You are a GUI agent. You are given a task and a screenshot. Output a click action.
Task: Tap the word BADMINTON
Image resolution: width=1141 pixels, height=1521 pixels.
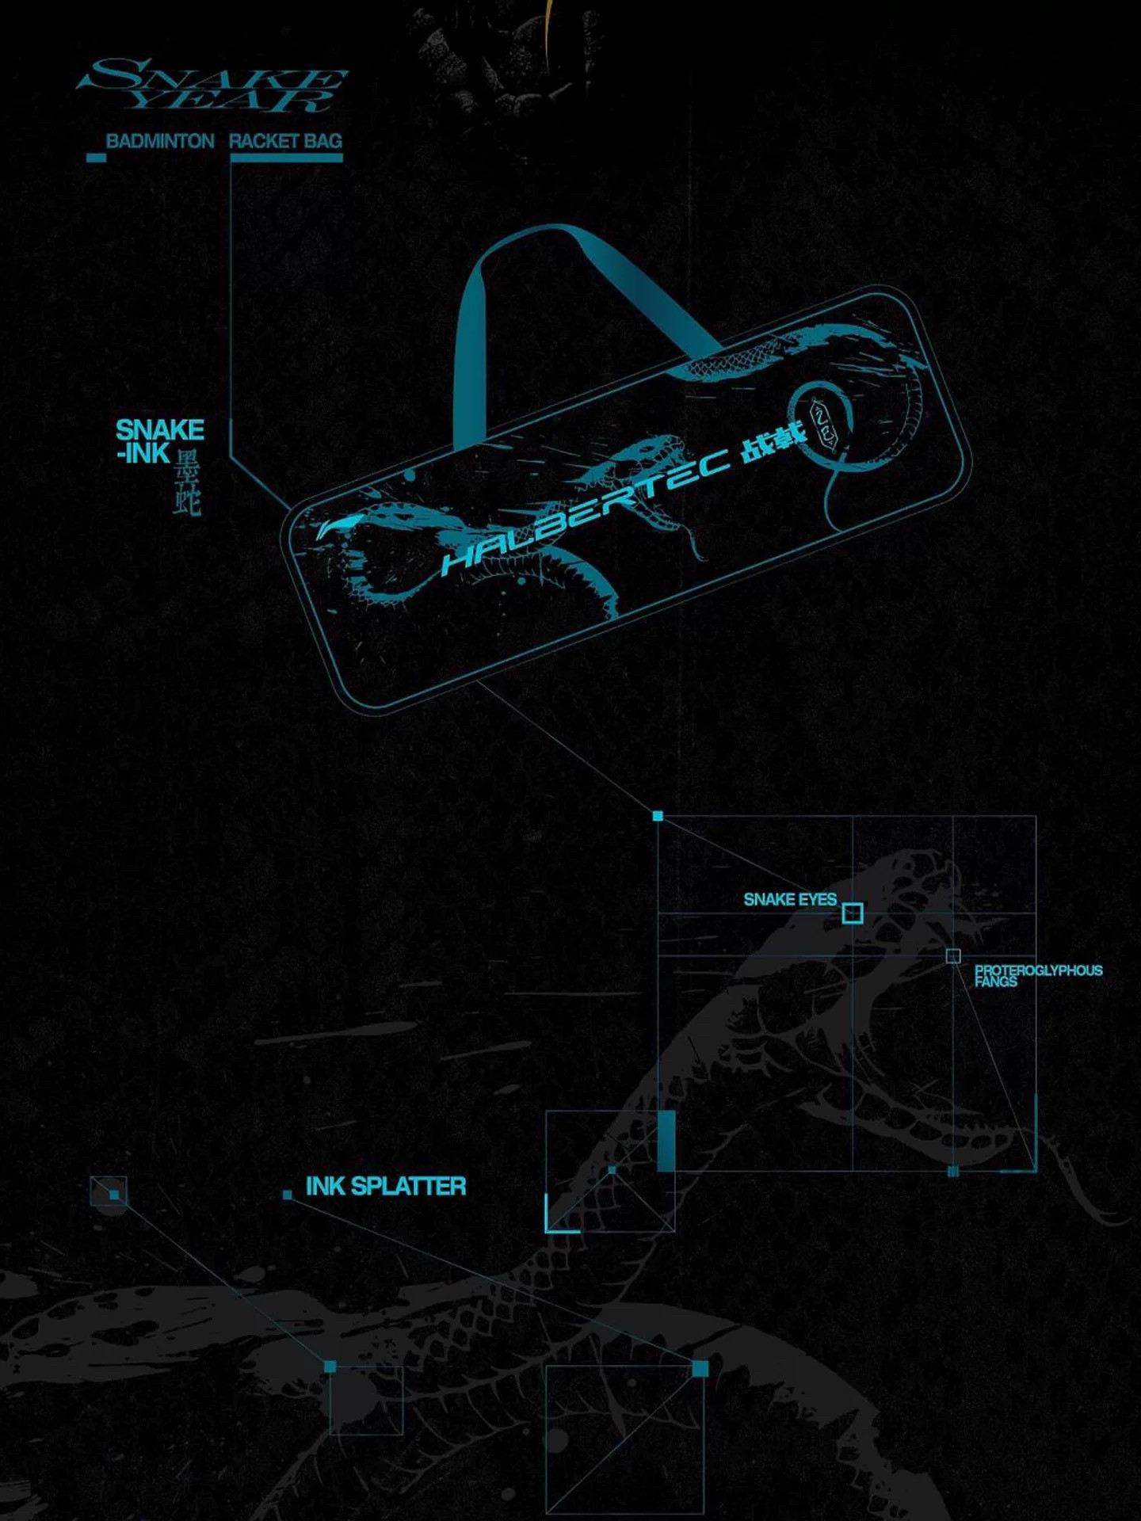[160, 142]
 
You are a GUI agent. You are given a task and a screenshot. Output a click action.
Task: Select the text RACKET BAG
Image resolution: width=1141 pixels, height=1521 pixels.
[285, 142]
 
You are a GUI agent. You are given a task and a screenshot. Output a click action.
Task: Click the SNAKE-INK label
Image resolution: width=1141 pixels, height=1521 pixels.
[158, 441]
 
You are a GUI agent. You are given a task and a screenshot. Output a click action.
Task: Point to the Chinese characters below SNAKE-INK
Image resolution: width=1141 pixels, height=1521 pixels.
[188, 483]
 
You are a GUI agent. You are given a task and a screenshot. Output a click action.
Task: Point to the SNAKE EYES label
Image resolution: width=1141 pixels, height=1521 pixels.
[789, 899]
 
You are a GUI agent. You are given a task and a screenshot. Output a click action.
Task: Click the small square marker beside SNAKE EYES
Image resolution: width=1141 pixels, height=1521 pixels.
[852, 913]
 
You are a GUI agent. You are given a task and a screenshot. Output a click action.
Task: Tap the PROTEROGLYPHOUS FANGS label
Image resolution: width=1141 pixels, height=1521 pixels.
[1038, 975]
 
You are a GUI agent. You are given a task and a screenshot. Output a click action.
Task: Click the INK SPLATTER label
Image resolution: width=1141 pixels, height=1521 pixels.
[385, 1187]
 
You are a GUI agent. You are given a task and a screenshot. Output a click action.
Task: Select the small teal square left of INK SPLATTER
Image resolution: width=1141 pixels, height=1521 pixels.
[288, 1195]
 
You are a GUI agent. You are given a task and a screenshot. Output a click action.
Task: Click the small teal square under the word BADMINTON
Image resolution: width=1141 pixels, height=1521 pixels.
[96, 158]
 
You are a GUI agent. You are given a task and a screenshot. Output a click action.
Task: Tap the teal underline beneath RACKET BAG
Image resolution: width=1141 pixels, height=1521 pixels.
[286, 158]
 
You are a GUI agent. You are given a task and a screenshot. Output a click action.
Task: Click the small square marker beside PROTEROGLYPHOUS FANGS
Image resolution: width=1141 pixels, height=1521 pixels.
[953, 956]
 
